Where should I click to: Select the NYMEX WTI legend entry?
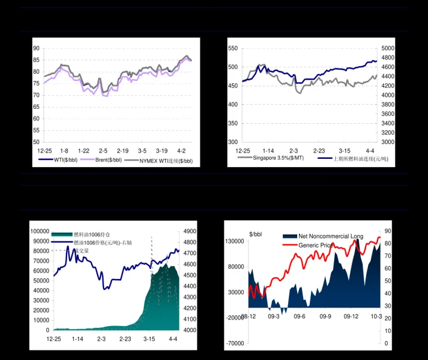pyautogui.click(x=166, y=161)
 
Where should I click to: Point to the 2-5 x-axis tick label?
pyautogui.click(x=103, y=151)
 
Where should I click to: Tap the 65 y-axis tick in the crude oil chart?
pyautogui.click(x=36, y=107)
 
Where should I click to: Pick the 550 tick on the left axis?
pyautogui.click(x=232, y=48)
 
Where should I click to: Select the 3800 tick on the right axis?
pyautogui.click(x=387, y=114)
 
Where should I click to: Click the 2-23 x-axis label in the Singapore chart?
pyautogui.click(x=319, y=151)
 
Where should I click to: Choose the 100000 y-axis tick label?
pyautogui.click(x=40, y=231)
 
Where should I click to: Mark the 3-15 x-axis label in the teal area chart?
pyautogui.click(x=149, y=339)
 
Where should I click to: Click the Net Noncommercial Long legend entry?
pyautogui.click(x=331, y=236)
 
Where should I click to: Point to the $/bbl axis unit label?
pyautogui.click(x=256, y=233)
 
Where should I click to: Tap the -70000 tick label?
pyautogui.click(x=235, y=344)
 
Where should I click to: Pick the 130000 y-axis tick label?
pyautogui.click(x=235, y=241)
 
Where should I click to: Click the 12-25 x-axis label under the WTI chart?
pyautogui.click(x=45, y=151)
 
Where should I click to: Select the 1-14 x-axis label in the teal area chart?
pyautogui.click(x=77, y=339)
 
